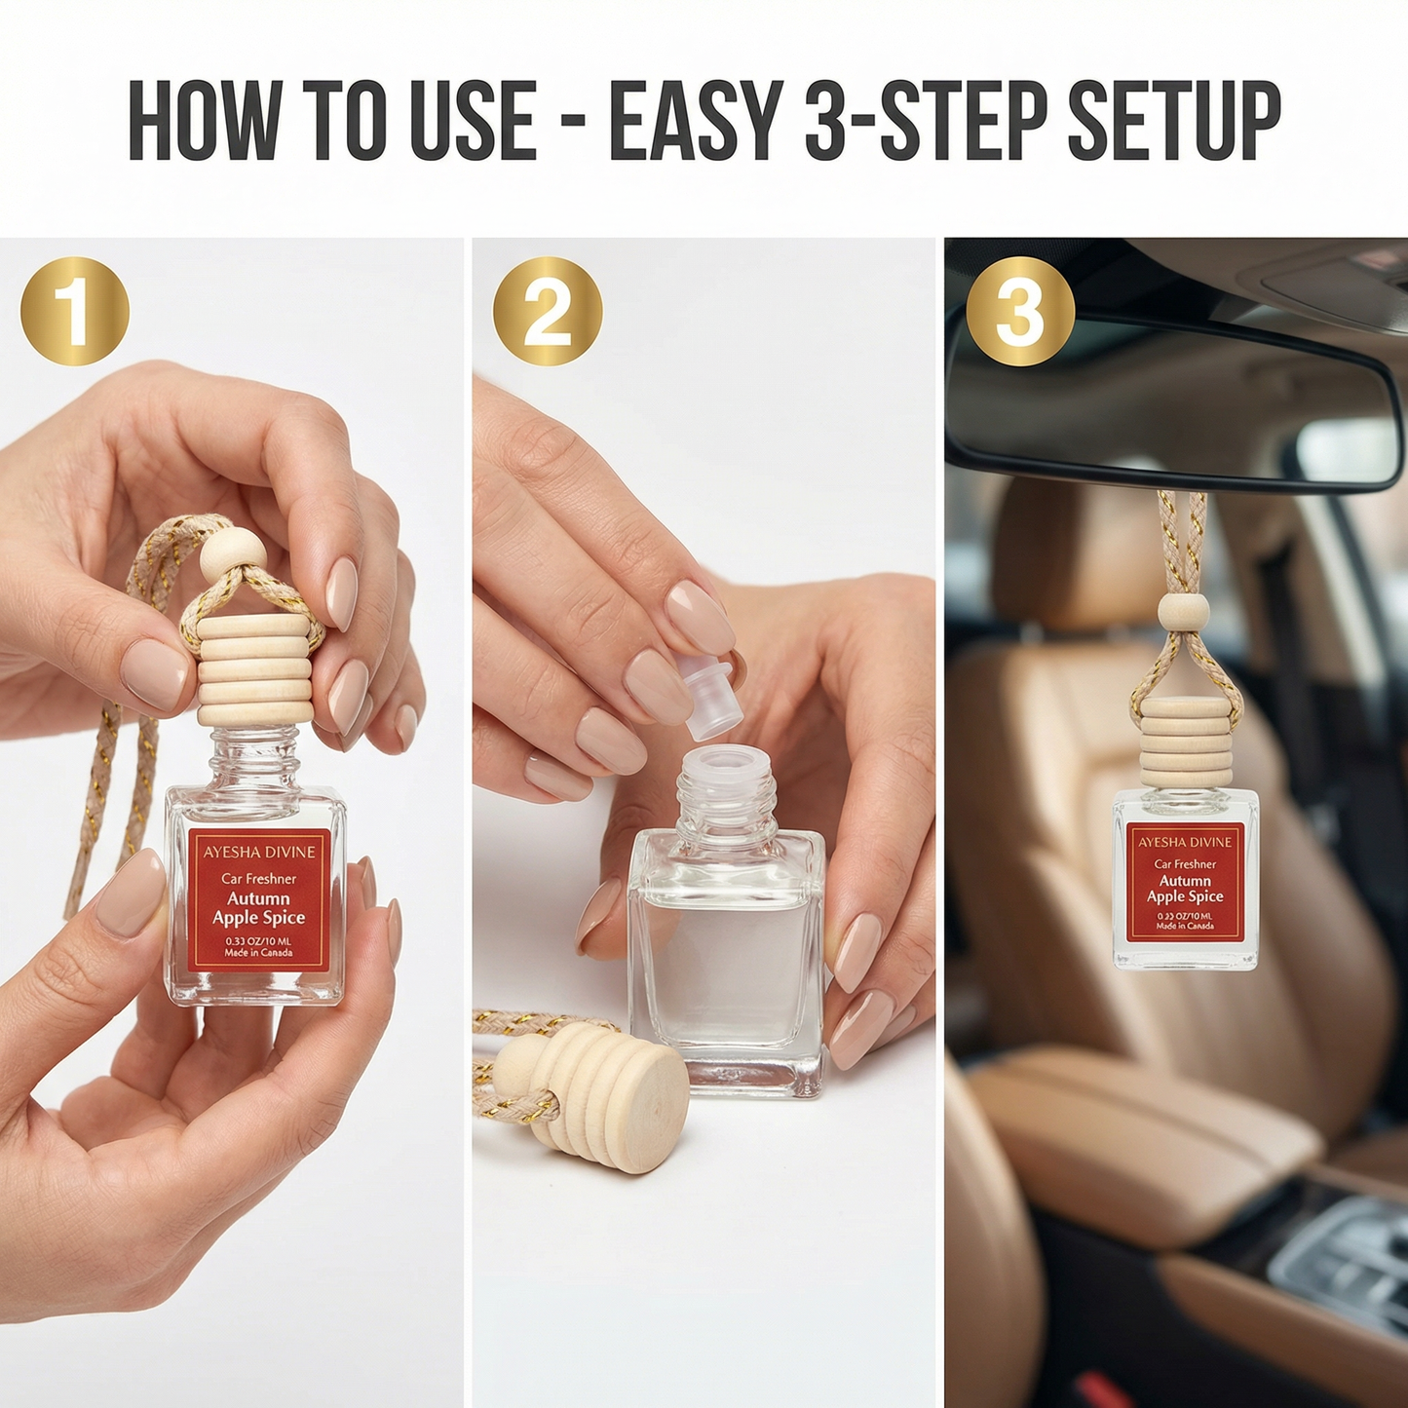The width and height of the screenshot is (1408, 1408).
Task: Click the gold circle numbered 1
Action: (75, 311)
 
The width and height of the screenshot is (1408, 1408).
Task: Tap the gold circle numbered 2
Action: (548, 311)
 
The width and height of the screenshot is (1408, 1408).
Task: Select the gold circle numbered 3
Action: (1020, 311)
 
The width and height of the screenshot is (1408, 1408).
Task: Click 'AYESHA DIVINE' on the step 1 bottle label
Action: (259, 852)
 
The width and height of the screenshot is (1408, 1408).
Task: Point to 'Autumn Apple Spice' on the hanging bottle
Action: (1185, 889)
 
